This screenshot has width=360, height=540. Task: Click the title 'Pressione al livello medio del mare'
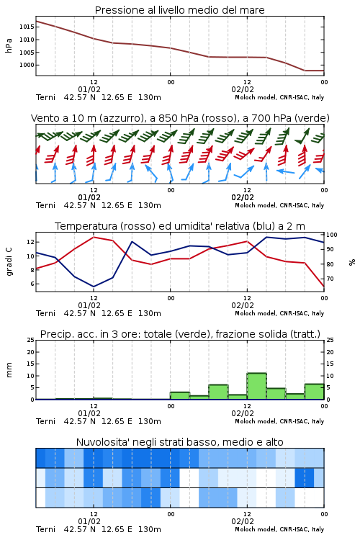(179, 10)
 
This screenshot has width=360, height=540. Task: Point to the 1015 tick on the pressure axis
(27, 27)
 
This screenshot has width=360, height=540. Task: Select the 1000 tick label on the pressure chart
(27, 65)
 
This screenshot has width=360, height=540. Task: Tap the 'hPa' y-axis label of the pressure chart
(9, 45)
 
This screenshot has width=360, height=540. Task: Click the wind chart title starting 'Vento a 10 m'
(180, 118)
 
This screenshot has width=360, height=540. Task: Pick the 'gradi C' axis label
(9, 262)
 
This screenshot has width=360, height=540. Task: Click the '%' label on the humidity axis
(352, 262)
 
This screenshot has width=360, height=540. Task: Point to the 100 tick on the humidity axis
(332, 235)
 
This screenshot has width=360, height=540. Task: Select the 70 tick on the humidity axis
(330, 279)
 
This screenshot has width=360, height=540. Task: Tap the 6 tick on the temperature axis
(32, 284)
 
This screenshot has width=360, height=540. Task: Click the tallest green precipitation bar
(256, 387)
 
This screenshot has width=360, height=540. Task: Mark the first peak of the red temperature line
(94, 237)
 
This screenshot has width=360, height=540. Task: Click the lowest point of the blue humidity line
(94, 287)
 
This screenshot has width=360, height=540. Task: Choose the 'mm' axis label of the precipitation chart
(9, 370)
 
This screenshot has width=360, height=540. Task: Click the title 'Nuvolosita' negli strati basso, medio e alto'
(179, 442)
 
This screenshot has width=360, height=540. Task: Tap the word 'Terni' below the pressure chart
(46, 97)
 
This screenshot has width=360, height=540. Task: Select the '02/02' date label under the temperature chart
(243, 305)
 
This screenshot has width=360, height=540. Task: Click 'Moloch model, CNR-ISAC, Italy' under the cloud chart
(279, 529)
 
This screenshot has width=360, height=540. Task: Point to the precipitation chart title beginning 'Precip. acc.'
(180, 334)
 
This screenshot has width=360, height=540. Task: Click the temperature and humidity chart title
(180, 226)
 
